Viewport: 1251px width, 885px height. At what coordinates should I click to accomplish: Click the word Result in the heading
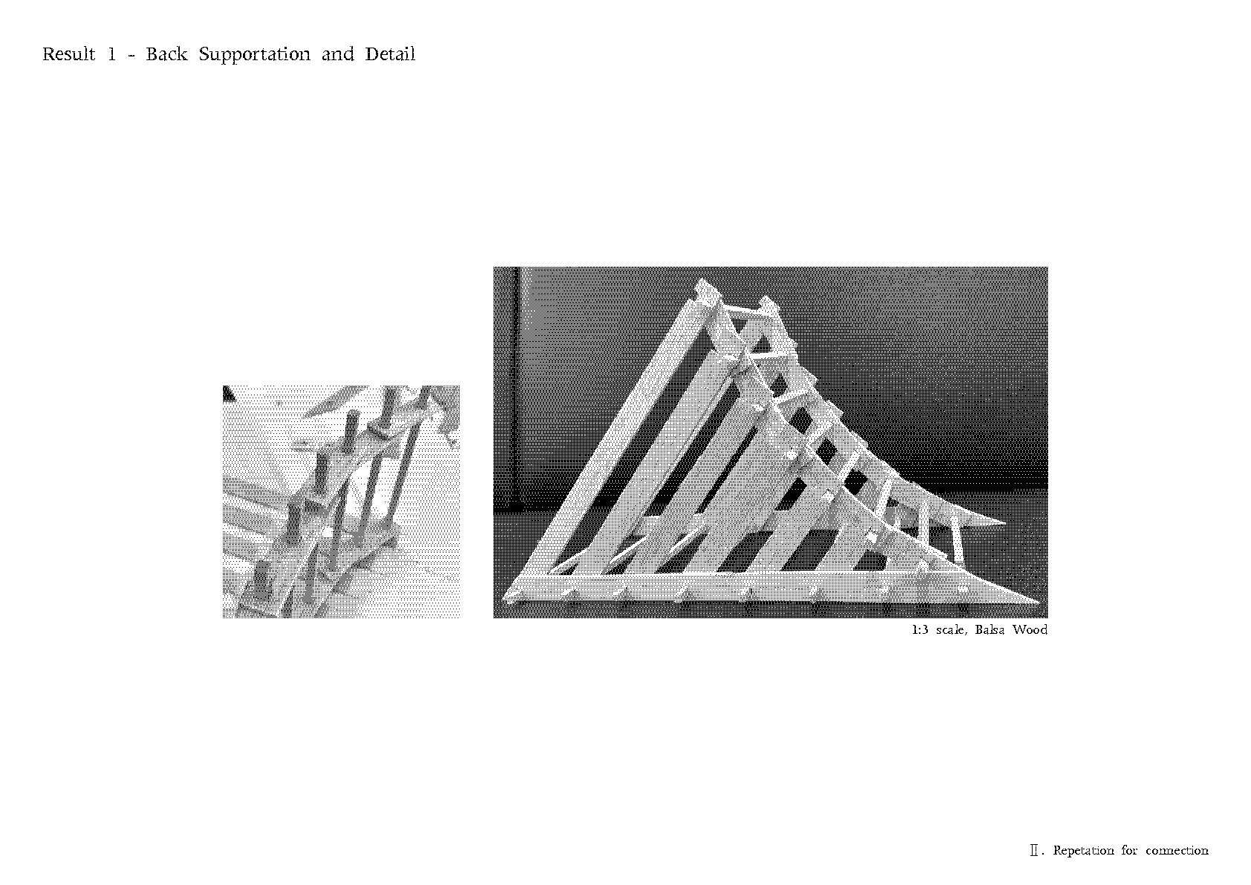68,54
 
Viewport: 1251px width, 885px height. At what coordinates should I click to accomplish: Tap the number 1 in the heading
111,54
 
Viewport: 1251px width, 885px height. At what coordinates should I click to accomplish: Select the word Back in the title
166,54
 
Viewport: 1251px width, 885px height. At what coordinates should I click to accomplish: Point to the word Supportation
255,55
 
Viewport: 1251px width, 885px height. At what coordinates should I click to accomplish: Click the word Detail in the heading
390,54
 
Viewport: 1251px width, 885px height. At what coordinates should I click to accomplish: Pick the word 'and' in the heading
338,54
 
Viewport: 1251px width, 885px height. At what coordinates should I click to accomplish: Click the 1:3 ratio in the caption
920,630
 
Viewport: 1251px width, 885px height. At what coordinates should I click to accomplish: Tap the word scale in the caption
952,630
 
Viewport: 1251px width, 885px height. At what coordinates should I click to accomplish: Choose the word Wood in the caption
1030,630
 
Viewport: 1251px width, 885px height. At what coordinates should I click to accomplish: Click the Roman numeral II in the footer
1034,851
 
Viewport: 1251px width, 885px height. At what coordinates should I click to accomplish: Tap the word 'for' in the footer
1129,851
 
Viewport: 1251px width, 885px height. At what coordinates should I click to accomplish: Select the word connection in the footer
1177,851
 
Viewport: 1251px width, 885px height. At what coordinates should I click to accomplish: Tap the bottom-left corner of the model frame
504,598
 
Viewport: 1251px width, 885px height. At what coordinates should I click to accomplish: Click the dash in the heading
131,56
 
